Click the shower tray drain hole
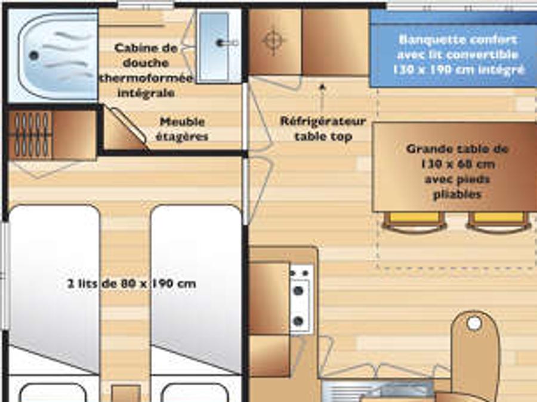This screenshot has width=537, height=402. (33, 55)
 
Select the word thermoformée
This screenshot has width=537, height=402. (146, 78)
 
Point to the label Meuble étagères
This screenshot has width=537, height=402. (182, 129)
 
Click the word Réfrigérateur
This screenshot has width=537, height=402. (323, 121)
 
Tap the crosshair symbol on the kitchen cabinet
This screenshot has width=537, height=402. (273, 41)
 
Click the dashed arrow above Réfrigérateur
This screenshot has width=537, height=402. (322, 99)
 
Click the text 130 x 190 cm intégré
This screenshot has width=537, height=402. (458, 70)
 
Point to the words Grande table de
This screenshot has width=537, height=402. (457, 149)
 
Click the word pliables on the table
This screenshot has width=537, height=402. (458, 195)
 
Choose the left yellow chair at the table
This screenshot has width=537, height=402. (415, 222)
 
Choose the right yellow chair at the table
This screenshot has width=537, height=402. (498, 222)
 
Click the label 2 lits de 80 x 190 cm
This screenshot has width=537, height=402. (131, 283)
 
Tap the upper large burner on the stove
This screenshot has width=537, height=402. (299, 291)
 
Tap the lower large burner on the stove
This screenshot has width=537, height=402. (299, 321)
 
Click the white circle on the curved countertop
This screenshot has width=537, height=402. (474, 323)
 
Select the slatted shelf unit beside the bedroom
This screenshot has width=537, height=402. (31, 135)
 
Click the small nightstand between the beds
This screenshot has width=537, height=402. (126, 394)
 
